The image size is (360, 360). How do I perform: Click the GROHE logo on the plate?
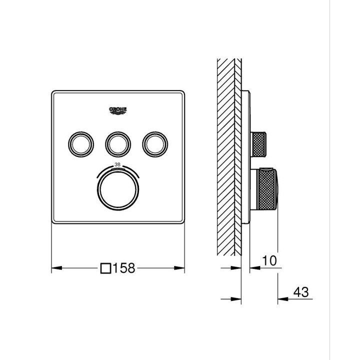118,110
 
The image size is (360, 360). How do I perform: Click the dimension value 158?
124,268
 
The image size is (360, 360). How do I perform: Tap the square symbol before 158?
105,268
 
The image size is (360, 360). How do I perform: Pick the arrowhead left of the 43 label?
283,299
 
